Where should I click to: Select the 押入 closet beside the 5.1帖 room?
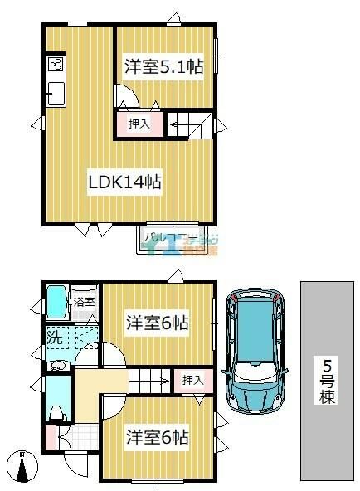(139, 124)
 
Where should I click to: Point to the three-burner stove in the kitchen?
(56, 65)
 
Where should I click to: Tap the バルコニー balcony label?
(171, 239)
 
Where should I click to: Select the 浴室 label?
(84, 302)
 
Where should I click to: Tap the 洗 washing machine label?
(54, 338)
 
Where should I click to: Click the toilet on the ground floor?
(56, 411)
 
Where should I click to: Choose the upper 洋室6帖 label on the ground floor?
(157, 323)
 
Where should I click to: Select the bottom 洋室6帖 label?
(157, 436)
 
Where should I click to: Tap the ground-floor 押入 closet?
(192, 380)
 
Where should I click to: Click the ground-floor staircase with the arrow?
(150, 382)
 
